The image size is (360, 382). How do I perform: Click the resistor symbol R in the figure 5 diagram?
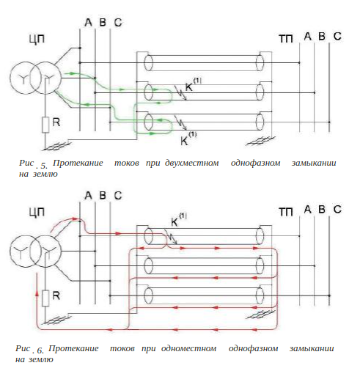45,125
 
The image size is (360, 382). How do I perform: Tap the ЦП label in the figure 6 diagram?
37,213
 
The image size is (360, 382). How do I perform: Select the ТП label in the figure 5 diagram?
286,39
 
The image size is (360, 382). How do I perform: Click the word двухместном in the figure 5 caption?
192,163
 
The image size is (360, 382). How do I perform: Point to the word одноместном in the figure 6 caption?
188,348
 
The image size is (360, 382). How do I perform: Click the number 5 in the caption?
44,166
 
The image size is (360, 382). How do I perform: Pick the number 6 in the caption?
40,350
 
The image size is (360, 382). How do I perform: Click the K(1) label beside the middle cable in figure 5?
193,84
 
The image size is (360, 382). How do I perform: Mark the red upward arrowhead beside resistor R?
37,293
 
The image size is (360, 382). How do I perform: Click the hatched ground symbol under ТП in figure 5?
260,142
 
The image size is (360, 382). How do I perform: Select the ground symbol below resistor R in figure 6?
56,320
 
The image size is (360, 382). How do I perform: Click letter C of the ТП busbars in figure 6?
337,210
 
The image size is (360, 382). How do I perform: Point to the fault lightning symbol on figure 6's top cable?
171,237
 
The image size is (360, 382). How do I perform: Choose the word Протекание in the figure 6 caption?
73,348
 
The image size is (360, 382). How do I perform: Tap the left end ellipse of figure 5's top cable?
148,63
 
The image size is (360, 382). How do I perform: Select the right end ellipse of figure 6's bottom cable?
260,295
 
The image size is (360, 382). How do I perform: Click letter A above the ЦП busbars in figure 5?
88,23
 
